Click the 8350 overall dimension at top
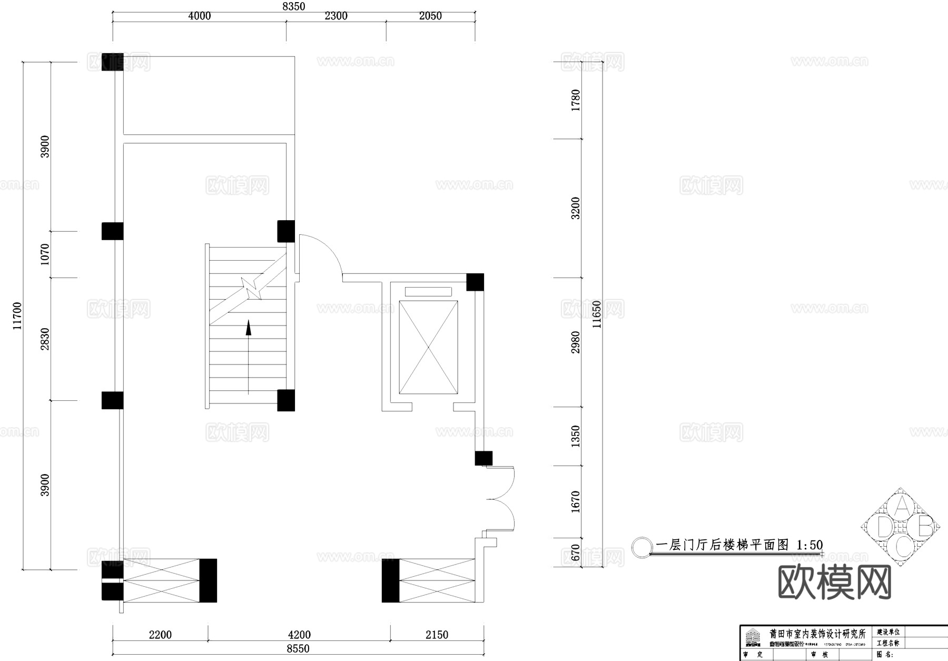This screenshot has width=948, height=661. pos(293,6)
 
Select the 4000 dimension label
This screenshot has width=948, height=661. pos(199,16)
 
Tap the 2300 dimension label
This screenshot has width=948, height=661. pos(336,16)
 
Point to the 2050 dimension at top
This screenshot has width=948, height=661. pos(430,16)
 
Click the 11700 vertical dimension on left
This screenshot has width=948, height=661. pos(17,316)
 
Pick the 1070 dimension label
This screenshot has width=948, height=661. pos(45,254)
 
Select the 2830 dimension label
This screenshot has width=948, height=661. pos(45,339)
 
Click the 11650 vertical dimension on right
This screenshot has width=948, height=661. pos(596,314)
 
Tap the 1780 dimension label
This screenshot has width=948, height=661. pos(576,100)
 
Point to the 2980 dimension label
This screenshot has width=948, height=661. pos(576,342)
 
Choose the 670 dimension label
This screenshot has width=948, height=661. pos(576,553)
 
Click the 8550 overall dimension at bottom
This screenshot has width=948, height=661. pos(298,649)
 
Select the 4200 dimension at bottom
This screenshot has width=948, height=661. pos(299,635)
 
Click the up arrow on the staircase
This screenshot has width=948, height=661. pos(249,329)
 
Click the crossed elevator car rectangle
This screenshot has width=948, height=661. pos(428,347)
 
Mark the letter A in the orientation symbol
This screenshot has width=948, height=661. pos(902,506)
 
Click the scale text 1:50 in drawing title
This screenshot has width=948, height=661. pos(809,545)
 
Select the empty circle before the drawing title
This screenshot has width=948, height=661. pos(641,547)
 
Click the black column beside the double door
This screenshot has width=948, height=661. pos(483,458)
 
